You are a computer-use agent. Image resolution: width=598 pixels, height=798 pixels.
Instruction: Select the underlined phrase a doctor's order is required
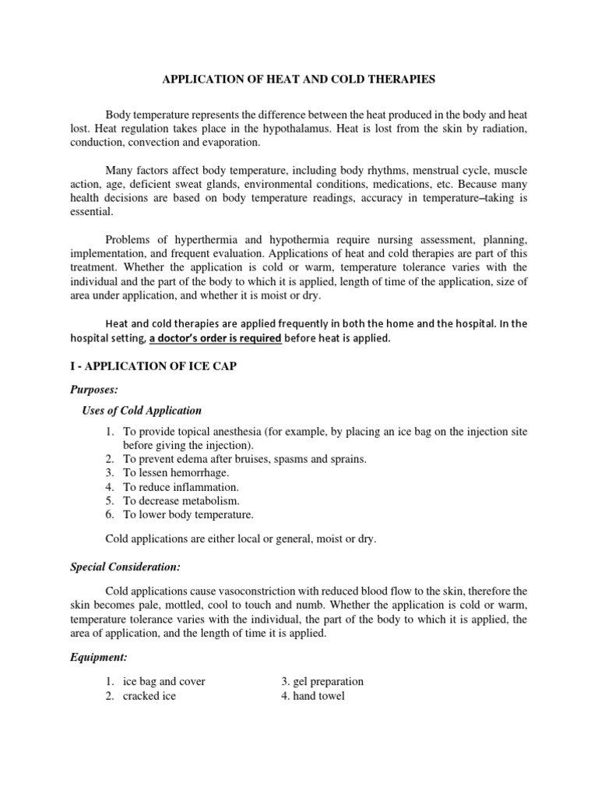tap(215, 339)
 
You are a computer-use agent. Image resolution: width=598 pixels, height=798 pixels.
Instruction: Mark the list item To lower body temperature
tap(188, 514)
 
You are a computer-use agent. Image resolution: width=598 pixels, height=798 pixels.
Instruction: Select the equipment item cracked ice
tap(149, 696)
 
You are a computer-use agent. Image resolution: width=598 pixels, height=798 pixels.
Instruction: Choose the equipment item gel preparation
tap(329, 681)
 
